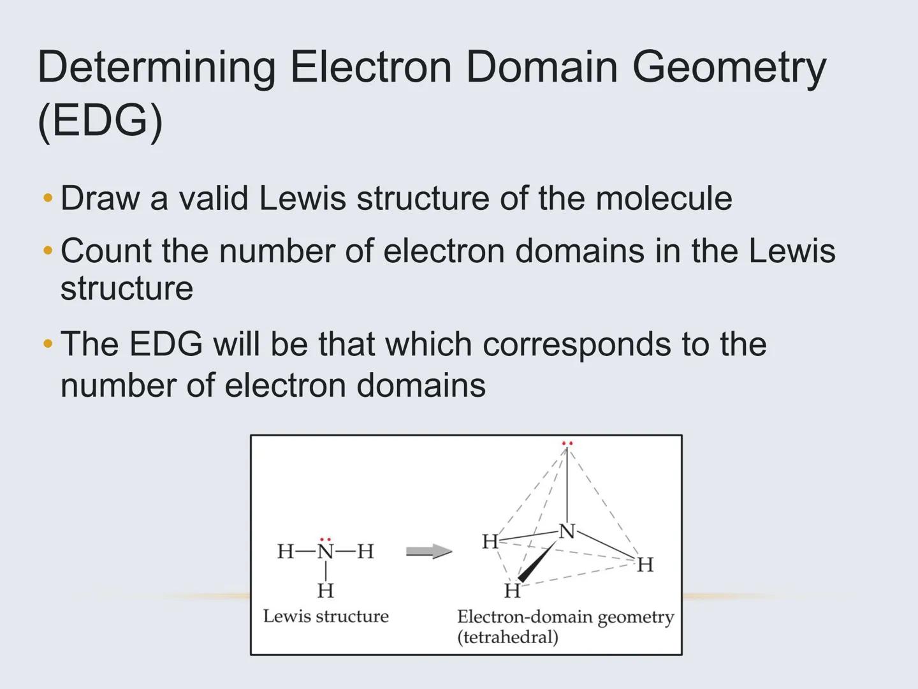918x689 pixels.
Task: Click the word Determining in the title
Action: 157,68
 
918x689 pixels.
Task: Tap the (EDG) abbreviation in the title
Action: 100,120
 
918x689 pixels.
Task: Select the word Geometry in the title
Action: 729,68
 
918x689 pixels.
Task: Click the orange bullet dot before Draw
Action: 48,198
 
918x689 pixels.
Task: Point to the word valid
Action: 213,198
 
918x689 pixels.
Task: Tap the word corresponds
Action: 576,344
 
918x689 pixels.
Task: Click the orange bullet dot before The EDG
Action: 48,344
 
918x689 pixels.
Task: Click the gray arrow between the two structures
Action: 428,551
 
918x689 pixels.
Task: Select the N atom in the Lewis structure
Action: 326,551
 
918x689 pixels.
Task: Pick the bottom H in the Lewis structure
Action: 326,591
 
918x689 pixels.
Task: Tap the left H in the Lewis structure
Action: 286,551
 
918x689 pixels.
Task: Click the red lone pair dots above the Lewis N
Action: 326,539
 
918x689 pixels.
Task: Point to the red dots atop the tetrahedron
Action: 567,443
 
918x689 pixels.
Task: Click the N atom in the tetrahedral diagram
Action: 566,531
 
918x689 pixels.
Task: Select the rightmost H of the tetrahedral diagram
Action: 645,565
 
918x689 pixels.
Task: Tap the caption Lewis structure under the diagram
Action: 326,616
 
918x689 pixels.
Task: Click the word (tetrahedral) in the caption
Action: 507,637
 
